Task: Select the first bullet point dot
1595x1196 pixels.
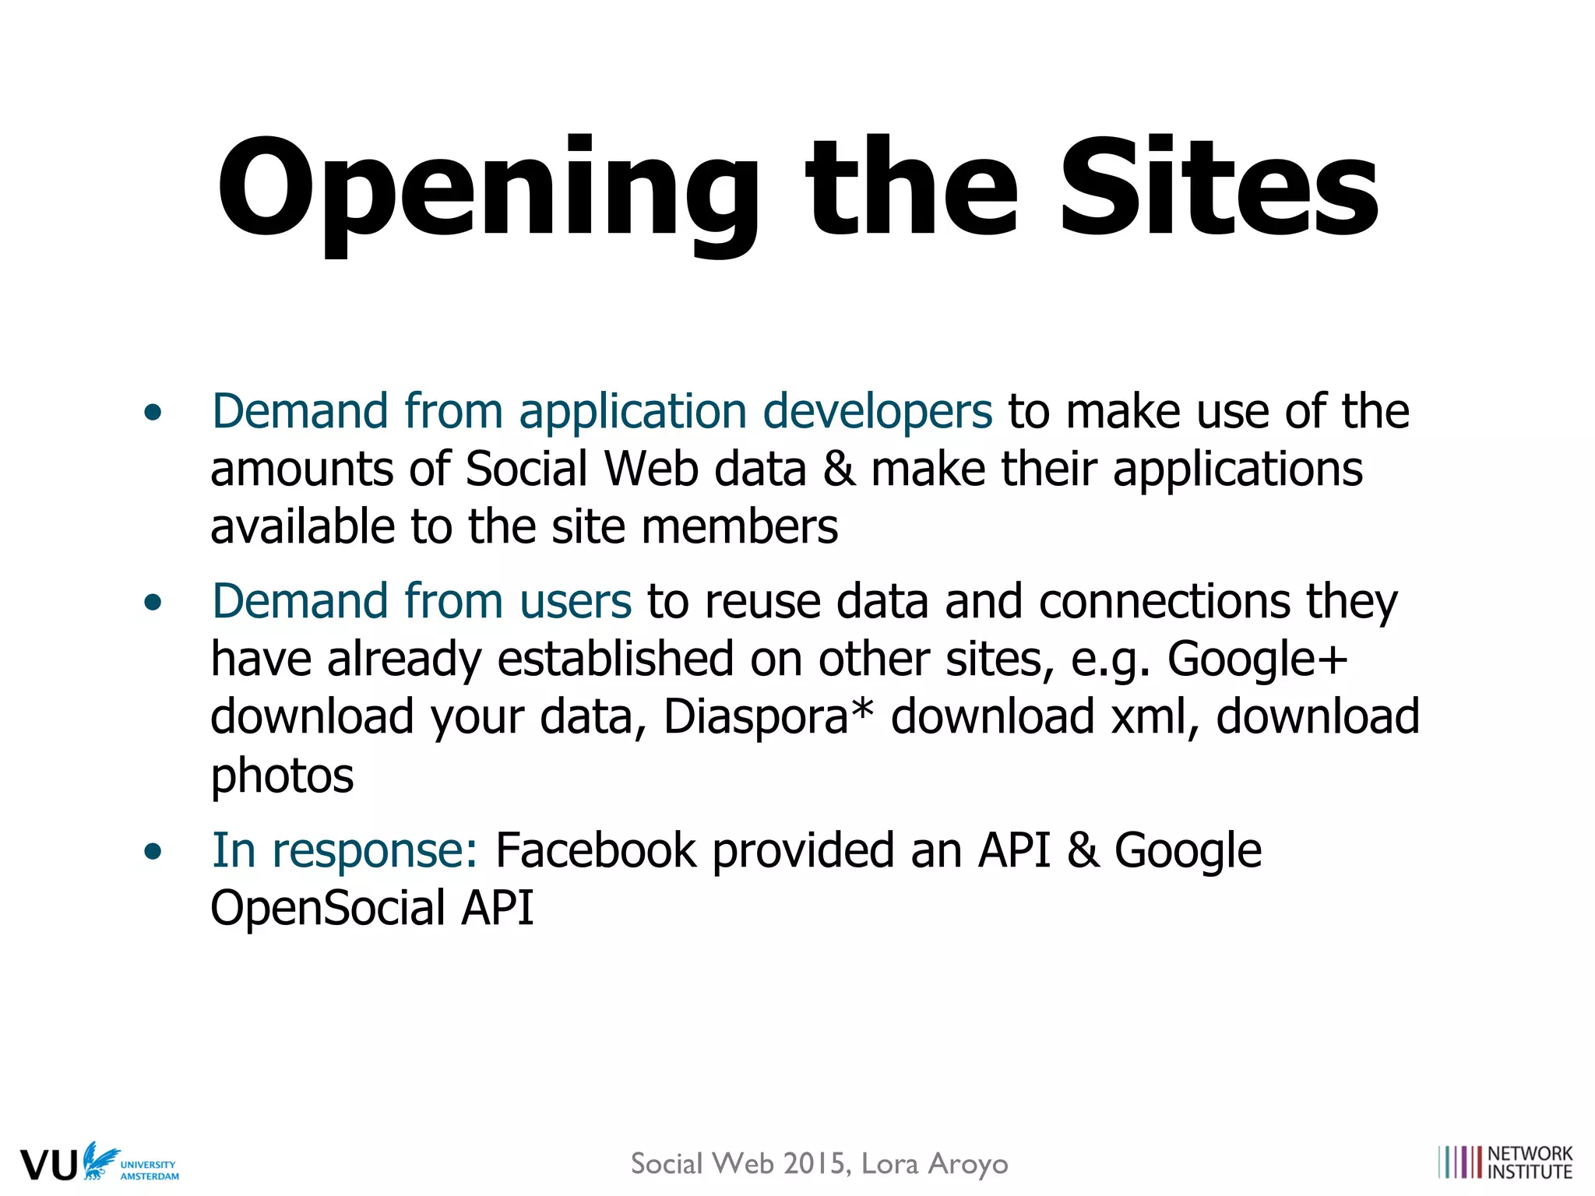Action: tap(153, 413)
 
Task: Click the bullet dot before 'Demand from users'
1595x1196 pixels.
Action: tap(153, 603)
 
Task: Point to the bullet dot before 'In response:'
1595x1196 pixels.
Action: tap(153, 851)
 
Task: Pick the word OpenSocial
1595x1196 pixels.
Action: tap(328, 908)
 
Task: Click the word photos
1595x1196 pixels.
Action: tap(283, 776)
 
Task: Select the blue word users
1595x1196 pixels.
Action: tap(576, 601)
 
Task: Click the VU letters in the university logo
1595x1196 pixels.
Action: tap(48, 1165)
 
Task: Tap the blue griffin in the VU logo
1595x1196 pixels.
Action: tap(100, 1159)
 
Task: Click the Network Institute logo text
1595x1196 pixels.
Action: tap(1530, 1163)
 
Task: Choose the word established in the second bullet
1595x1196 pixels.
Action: tap(615, 659)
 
